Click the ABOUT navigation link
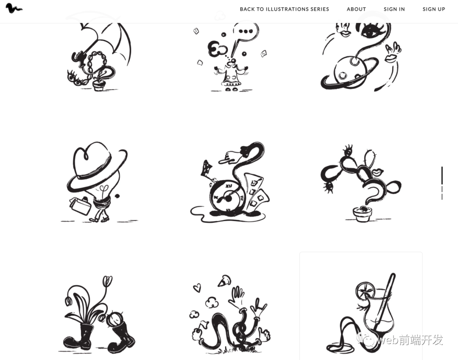point(356,9)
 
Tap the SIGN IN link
point(394,9)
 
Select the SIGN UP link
point(434,9)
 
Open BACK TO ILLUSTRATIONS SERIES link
point(284,9)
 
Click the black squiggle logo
point(14,8)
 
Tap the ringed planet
point(349,72)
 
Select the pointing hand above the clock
point(232,157)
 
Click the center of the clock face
point(228,199)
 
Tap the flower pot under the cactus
point(363,214)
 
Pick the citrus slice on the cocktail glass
point(365,291)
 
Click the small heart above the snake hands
point(197,288)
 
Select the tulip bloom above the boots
point(107,281)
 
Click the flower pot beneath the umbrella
point(98,86)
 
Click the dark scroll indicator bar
point(442,175)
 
